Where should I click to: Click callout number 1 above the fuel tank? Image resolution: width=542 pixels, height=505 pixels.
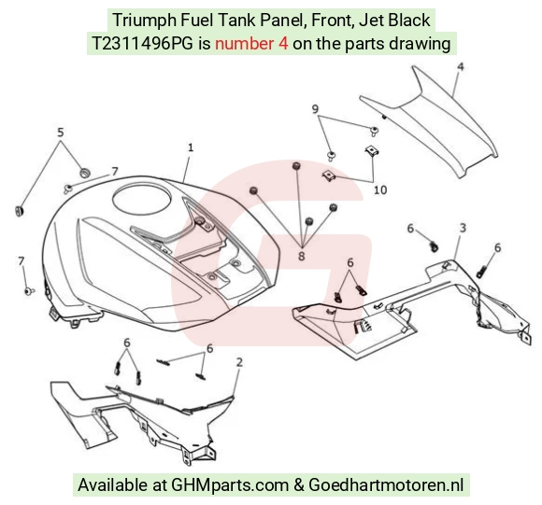(191, 147)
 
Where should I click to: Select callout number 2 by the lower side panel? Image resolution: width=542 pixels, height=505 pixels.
(239, 362)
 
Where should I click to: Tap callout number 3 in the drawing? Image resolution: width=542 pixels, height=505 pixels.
(463, 228)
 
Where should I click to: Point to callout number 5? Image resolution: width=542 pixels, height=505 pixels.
(61, 133)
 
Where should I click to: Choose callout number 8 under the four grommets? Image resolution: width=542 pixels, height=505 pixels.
(302, 256)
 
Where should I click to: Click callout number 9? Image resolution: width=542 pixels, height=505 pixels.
(315, 109)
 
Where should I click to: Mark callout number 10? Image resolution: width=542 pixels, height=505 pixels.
(380, 189)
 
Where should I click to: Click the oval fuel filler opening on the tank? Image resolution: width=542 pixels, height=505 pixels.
(142, 200)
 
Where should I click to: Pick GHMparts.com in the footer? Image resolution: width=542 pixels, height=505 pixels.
(230, 485)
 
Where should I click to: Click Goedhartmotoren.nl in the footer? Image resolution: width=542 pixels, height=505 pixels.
(386, 484)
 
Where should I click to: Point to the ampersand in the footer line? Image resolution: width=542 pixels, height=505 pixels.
(298, 485)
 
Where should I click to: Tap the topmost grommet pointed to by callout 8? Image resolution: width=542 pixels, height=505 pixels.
(296, 165)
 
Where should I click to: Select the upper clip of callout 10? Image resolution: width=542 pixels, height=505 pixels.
(371, 150)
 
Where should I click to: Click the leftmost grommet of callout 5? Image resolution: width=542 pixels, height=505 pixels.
(20, 211)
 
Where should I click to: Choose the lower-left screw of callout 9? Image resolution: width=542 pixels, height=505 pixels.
(331, 156)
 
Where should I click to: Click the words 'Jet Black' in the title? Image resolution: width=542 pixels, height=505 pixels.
(394, 20)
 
